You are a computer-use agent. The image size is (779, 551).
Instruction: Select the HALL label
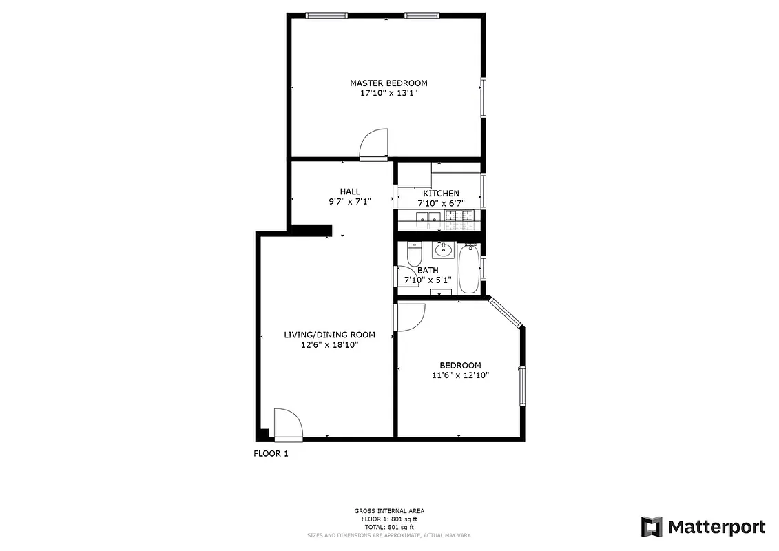click(x=350, y=191)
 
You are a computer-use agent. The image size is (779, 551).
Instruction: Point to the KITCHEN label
click(x=441, y=194)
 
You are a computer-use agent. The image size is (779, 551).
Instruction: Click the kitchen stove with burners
click(x=459, y=218)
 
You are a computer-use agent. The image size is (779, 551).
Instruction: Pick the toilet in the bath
click(x=414, y=256)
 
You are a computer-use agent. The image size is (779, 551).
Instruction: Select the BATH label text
click(x=428, y=271)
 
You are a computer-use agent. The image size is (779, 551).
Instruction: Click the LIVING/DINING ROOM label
click(x=329, y=335)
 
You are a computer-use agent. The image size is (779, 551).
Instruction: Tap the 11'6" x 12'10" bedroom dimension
click(x=460, y=375)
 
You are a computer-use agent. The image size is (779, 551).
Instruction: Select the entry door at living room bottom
click(x=287, y=424)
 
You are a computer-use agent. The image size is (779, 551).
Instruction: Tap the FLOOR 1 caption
click(x=271, y=453)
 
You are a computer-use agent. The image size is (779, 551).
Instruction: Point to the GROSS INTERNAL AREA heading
click(x=389, y=510)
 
